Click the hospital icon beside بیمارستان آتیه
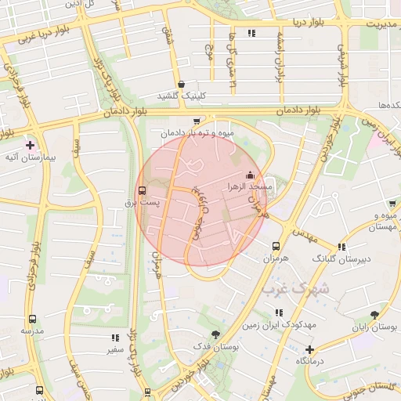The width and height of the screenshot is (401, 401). pos(30,145)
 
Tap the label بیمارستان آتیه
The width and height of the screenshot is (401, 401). pos(29,158)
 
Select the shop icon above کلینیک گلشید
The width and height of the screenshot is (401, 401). pos(182,84)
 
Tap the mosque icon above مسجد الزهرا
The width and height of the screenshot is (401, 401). pos(250,175)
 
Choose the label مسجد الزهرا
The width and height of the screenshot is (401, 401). pos(249,187)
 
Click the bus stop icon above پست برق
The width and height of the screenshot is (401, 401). pos(142,190)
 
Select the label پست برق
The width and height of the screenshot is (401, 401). pos(142,203)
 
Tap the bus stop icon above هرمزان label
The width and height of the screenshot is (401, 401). pos(276,245)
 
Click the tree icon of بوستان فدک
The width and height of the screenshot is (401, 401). pos(205,334)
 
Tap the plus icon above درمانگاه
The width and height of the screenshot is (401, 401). pos(310,349)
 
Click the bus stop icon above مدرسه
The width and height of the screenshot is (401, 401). pos(32,319)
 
